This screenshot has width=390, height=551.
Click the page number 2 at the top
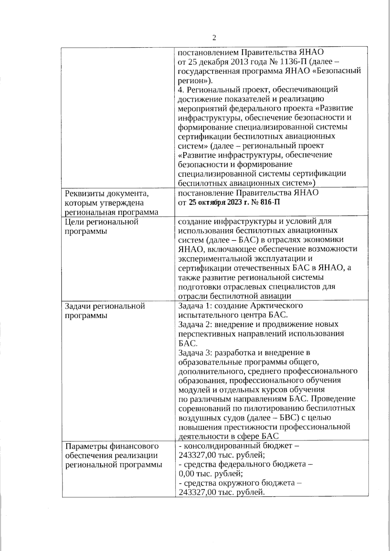point(214,38)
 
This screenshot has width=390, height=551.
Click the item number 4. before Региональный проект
point(181,89)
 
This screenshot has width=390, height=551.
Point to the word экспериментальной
point(222,259)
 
